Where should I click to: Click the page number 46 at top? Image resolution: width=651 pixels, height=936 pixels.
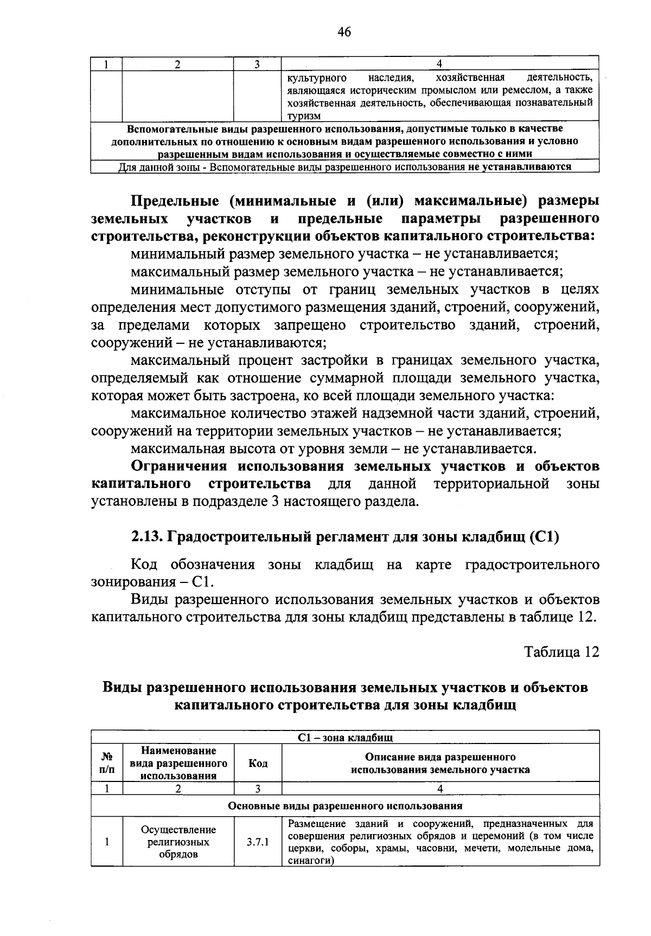[x=344, y=33]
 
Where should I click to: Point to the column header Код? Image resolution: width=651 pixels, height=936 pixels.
[x=258, y=763]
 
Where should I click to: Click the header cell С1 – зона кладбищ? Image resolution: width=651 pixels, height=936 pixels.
[x=345, y=738]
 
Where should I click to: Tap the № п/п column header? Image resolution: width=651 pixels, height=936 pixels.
[x=107, y=763]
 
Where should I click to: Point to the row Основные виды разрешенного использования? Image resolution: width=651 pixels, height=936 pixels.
[x=345, y=805]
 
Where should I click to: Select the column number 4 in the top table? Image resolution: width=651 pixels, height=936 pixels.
[x=440, y=63]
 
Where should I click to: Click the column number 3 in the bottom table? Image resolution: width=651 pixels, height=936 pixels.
[x=258, y=789]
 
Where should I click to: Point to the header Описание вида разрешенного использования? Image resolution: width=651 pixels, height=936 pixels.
[x=440, y=763]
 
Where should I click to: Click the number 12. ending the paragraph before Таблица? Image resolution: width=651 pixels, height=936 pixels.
[x=588, y=617]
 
